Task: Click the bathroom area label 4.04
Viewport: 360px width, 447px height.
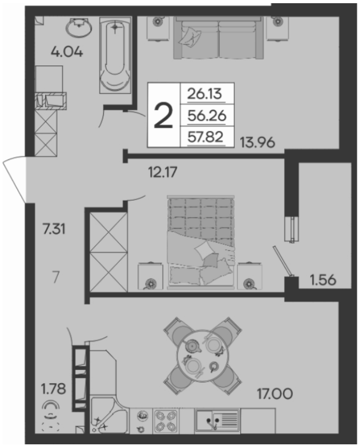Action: click(67, 52)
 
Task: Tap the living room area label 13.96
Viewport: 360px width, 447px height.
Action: click(257, 142)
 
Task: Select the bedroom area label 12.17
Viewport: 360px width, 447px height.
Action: click(163, 172)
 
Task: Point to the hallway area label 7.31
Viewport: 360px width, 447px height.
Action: click(54, 229)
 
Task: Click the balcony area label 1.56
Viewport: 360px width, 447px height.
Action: click(323, 280)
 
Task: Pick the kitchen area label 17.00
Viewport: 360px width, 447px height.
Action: click(275, 394)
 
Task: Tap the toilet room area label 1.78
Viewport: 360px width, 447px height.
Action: click(53, 389)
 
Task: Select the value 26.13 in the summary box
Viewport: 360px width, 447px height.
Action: click(204, 94)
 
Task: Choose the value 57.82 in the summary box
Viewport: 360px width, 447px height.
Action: click(206, 137)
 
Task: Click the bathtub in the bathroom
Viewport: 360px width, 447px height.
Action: click(115, 55)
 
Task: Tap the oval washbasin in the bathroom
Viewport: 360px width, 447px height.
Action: click(79, 27)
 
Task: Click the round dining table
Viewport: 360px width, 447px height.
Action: click(202, 356)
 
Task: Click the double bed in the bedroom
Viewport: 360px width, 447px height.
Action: click(201, 243)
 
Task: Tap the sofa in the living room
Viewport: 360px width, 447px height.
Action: click(218, 38)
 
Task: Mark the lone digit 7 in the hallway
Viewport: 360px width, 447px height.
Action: click(56, 277)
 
